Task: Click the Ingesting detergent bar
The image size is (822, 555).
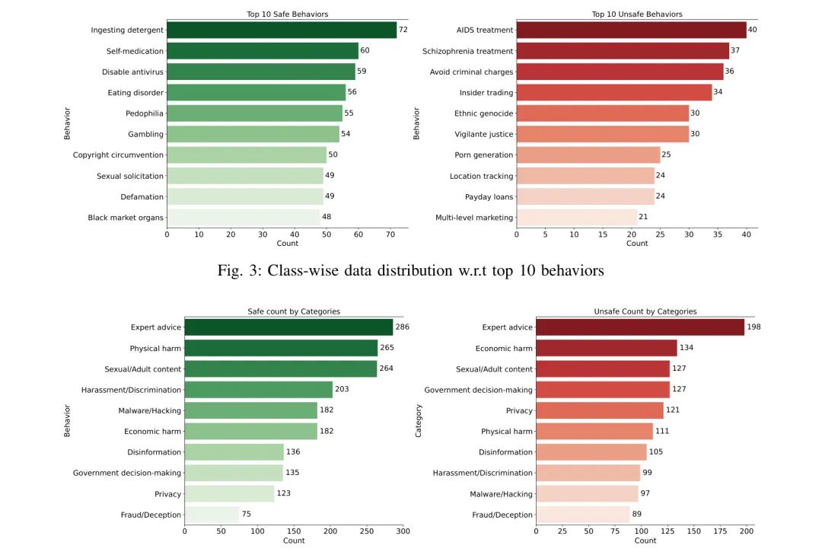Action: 282,30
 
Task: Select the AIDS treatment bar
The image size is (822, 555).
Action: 631,30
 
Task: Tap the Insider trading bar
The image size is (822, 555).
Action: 613,93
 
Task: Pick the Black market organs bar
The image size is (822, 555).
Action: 243,218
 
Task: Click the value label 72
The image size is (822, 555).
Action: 403,30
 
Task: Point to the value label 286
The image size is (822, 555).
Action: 402,327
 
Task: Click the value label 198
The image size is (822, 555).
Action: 753,327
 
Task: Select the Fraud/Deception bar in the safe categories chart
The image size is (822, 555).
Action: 212,515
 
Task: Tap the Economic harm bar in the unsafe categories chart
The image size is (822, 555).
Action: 606,348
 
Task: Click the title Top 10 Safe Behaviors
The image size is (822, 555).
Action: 287,14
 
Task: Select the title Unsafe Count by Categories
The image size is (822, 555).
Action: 645,311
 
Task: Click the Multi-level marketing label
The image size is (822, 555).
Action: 474,218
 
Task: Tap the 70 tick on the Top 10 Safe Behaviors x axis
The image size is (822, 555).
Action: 390,234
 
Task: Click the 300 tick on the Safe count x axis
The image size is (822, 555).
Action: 403,531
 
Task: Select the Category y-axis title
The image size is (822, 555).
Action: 419,420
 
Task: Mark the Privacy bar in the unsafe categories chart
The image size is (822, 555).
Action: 600,410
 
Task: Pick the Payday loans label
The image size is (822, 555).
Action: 489,197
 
